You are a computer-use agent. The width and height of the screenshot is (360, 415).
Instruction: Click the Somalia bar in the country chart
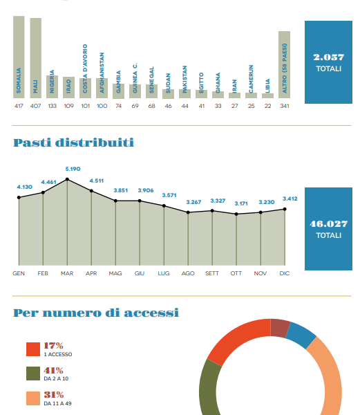coord(19,57)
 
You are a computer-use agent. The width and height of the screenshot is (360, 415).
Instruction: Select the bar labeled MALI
coord(36,58)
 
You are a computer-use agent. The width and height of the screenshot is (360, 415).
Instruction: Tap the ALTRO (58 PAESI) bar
coord(284,64)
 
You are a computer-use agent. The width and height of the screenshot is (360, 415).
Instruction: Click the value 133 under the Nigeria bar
coord(53,106)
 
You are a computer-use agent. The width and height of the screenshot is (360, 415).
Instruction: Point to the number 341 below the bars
coord(285,106)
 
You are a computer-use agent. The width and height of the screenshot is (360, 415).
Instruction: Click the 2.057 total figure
coord(328,57)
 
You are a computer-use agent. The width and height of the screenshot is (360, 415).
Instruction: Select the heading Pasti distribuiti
coord(73,142)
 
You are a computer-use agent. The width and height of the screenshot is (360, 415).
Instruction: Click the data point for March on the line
coord(67,179)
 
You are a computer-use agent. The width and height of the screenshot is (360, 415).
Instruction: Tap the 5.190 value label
coord(73,169)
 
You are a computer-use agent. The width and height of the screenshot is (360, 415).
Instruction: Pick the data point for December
coord(285,209)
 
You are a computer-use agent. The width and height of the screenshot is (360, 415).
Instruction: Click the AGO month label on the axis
coord(188,273)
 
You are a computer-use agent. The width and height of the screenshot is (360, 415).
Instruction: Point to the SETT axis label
coord(212,273)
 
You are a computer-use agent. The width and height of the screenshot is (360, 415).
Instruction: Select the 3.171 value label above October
coord(241,203)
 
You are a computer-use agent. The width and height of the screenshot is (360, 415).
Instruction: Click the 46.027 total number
coord(328,224)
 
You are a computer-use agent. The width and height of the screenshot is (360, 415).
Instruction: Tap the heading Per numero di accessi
coord(96,313)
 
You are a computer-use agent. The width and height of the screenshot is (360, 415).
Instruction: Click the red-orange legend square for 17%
coord(33,349)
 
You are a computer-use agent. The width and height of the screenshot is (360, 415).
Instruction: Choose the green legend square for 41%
coord(33,373)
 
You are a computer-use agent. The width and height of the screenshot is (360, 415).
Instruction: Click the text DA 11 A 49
coord(57,403)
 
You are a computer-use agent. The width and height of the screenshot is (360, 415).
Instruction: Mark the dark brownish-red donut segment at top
coord(280,328)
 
